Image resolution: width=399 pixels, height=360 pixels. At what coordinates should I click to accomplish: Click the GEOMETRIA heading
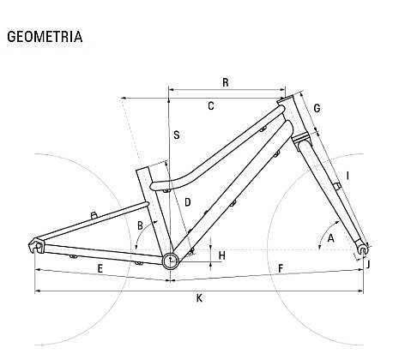tap(45, 37)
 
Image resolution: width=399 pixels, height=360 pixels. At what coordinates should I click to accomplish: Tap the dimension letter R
tap(226, 82)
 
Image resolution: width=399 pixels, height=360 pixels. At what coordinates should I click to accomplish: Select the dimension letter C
tap(211, 106)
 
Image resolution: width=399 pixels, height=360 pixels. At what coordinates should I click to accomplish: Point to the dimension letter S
tap(177, 135)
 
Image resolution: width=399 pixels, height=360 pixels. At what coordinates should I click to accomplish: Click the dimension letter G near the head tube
tap(317, 109)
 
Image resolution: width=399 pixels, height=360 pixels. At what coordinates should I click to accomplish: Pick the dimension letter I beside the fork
tap(348, 176)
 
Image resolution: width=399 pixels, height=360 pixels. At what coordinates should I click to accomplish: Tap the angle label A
tap(330, 238)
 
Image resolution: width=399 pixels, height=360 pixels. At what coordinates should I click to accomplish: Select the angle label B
tap(140, 225)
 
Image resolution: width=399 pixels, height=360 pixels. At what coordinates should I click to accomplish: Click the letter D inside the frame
tap(188, 202)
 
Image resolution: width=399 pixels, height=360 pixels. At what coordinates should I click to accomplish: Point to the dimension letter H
tap(222, 255)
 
